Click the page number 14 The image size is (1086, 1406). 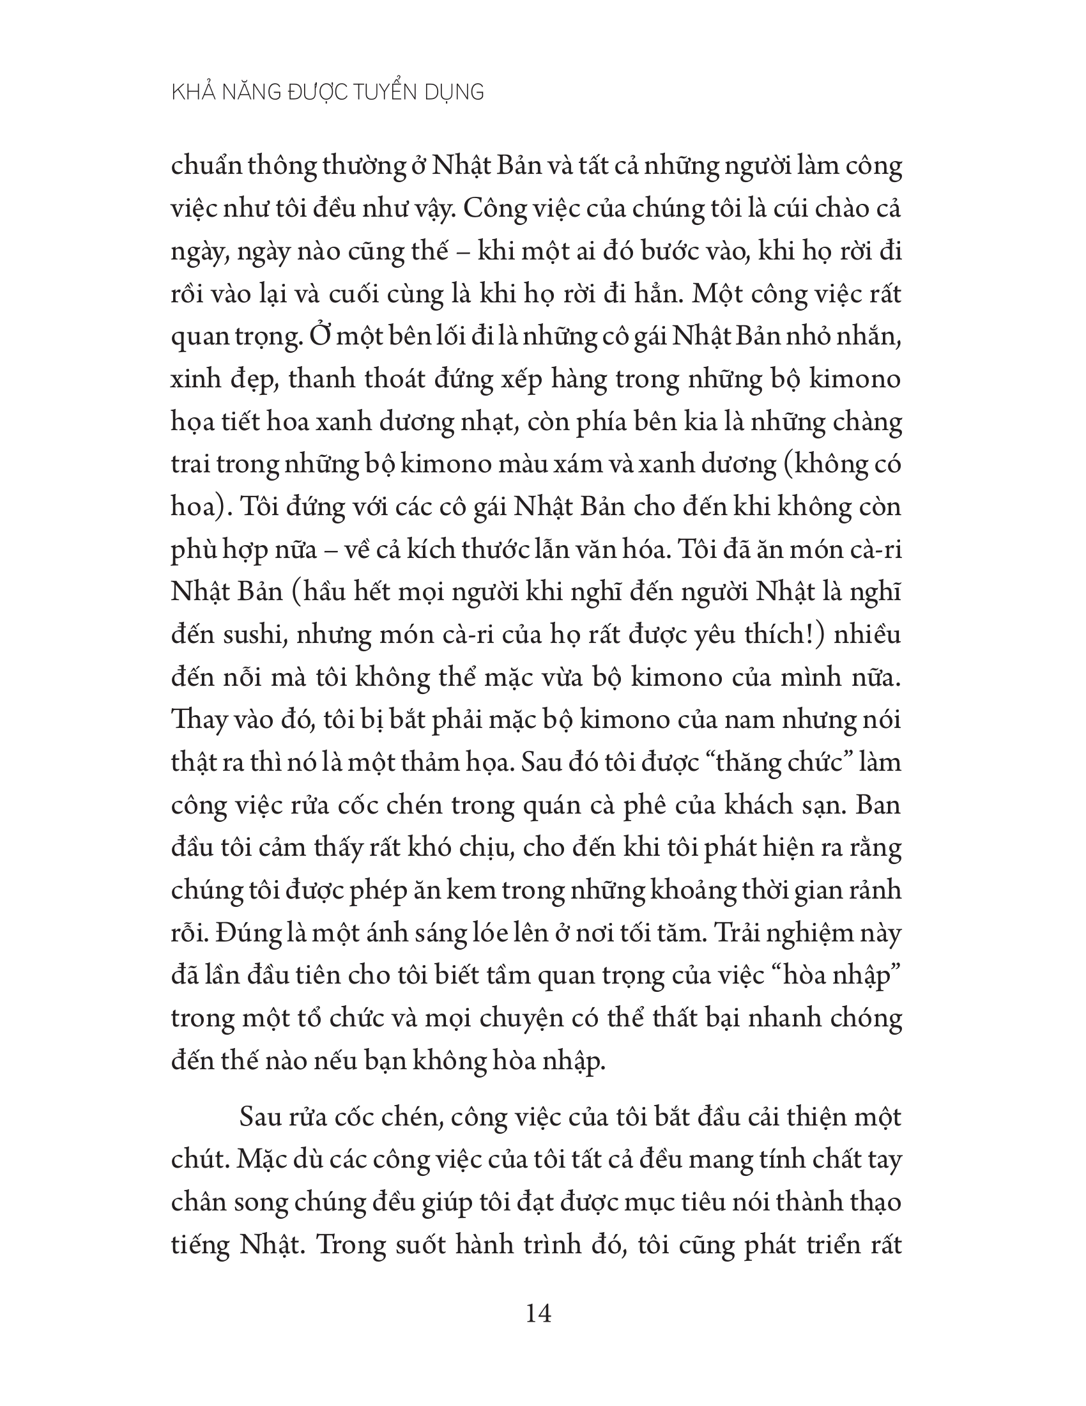pyautogui.click(x=539, y=1313)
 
